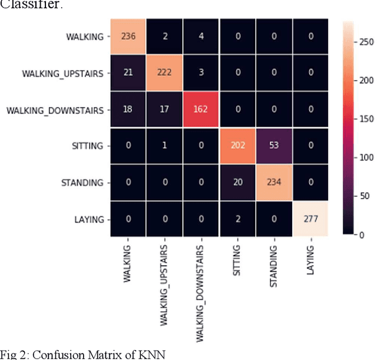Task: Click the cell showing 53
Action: tap(275, 146)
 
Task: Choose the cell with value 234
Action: tap(275, 182)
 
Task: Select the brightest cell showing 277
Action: tap(312, 219)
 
